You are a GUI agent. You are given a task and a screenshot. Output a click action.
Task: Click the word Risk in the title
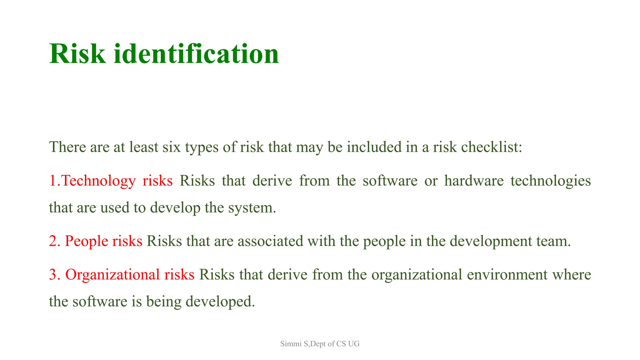[x=77, y=54]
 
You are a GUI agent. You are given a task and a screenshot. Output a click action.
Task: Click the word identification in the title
[x=196, y=54]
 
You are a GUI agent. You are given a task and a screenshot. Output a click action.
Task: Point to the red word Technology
[x=98, y=181]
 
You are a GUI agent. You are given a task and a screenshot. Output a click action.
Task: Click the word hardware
[x=474, y=181]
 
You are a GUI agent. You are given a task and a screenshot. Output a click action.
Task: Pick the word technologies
[x=551, y=181]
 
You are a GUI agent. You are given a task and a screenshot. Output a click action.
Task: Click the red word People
[x=86, y=241]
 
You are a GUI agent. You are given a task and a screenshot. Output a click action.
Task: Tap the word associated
[x=270, y=241]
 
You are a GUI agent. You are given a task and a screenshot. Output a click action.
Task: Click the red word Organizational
[x=112, y=274]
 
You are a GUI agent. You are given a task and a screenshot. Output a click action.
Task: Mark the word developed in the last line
[x=220, y=302]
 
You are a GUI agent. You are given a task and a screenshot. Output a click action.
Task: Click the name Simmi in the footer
[x=290, y=344]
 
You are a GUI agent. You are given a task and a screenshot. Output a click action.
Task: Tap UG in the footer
[x=354, y=344]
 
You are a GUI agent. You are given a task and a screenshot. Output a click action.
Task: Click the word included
[x=374, y=147]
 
